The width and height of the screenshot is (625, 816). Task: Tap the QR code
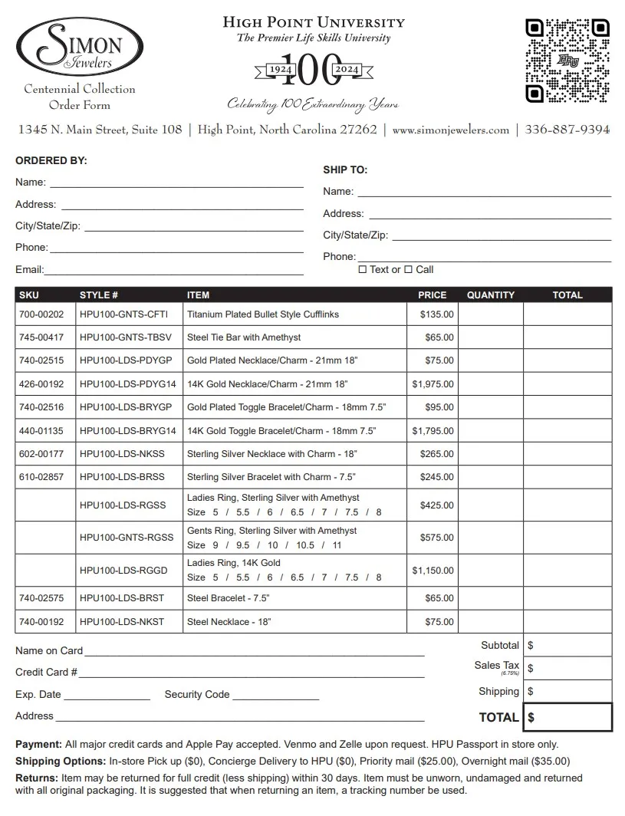point(567,61)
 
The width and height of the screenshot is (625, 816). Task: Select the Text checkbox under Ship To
point(363,269)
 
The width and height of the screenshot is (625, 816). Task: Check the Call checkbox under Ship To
point(409,269)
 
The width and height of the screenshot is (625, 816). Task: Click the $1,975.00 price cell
point(433,384)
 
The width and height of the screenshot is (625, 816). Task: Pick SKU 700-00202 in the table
point(41,314)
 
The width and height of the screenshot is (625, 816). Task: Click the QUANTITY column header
point(491,295)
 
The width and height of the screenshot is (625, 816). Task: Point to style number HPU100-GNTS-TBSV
point(126,337)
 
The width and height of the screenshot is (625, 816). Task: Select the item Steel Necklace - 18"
point(229,622)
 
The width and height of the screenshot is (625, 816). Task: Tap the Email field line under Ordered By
point(174,270)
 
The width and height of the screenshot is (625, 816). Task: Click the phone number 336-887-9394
point(567,130)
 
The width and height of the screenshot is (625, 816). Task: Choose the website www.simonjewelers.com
point(450,130)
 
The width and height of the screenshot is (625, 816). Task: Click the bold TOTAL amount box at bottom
point(568,718)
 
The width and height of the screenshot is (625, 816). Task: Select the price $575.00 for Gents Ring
point(436,538)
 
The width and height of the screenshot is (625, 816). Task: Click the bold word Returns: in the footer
point(36,778)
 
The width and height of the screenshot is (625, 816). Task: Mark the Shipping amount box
point(568,692)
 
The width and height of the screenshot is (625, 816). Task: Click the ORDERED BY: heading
point(51,161)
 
